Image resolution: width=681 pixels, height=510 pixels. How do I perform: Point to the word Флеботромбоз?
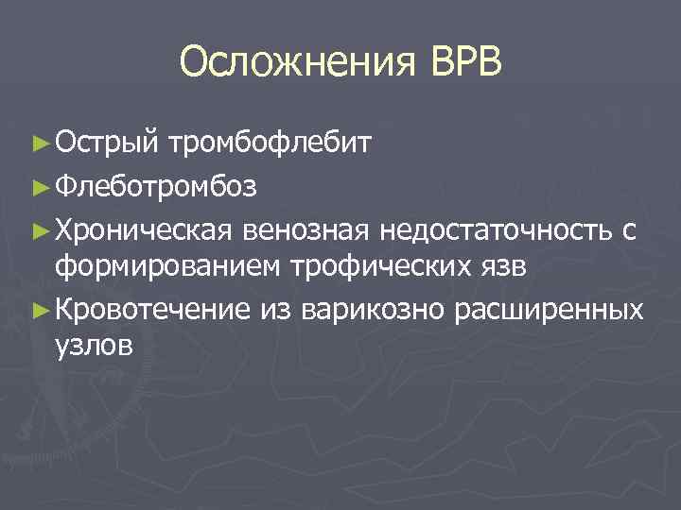(155, 186)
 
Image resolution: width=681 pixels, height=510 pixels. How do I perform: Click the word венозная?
(308, 228)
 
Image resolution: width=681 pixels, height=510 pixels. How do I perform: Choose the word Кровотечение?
(152, 310)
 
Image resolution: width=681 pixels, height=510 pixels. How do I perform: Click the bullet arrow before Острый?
(39, 144)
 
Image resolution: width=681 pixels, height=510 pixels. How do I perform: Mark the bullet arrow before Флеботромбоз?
(39, 186)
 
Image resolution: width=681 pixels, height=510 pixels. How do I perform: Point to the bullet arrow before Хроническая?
(39, 228)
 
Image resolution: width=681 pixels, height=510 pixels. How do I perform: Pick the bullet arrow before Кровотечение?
(39, 310)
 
